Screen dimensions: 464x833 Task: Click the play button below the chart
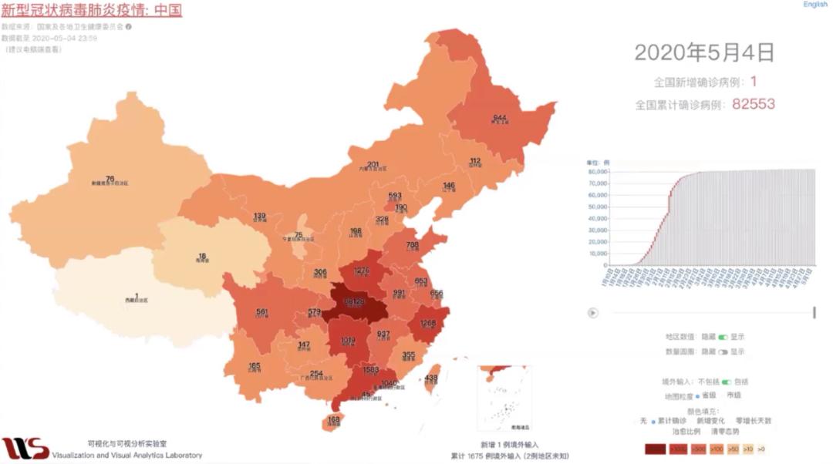tap(592, 312)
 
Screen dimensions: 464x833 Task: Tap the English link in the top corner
tap(814, 5)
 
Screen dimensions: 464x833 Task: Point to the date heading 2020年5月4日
tap(703, 52)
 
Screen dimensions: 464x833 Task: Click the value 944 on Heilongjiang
tap(499, 118)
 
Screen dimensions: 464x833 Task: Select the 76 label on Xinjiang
tap(110, 178)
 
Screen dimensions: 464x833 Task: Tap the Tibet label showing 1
tap(137, 296)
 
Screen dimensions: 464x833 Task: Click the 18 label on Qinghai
tap(201, 256)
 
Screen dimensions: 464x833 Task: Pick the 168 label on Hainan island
tap(333, 419)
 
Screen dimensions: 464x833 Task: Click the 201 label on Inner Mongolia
tap(373, 164)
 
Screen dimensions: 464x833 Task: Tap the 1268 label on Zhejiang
tap(429, 323)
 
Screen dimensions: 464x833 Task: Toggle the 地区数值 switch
tap(723, 338)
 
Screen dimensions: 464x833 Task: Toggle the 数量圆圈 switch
tap(723, 351)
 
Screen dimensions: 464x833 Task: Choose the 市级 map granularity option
tap(734, 395)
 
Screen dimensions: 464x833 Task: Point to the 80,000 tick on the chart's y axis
tap(599, 173)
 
